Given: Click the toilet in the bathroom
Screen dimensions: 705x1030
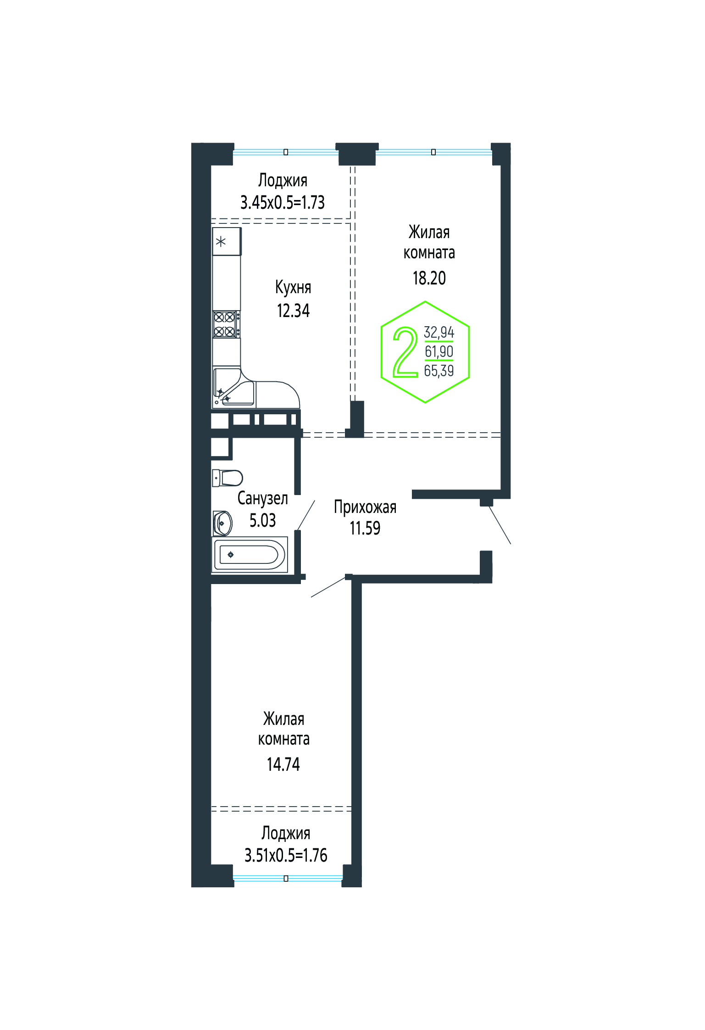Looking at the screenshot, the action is click(x=228, y=478).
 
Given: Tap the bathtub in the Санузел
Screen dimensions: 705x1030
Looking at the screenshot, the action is click(x=250, y=555).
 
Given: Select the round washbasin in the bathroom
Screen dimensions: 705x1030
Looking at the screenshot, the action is click(x=222, y=523).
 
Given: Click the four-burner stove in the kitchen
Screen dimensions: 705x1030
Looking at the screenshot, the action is click(x=226, y=324).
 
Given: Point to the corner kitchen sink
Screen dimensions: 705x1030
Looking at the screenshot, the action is click(x=234, y=388).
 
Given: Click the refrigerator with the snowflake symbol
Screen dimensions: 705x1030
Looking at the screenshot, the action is click(x=227, y=241).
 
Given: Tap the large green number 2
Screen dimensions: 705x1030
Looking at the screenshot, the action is click(x=405, y=352).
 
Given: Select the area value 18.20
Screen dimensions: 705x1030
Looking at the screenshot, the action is click(x=429, y=278).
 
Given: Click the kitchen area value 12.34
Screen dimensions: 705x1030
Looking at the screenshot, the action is click(x=293, y=311).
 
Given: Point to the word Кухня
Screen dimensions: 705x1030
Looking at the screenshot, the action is click(x=293, y=287).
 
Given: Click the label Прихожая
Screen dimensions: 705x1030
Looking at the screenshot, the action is click(x=365, y=507).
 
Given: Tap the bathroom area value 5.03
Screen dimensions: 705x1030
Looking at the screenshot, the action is click(x=262, y=520).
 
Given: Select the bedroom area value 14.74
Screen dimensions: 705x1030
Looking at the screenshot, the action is click(x=283, y=764).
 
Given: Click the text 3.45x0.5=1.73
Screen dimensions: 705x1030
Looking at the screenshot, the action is click(x=283, y=202).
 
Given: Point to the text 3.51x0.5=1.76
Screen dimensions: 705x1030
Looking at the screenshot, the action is click(x=286, y=855).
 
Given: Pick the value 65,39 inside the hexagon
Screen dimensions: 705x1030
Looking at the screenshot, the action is click(x=439, y=371).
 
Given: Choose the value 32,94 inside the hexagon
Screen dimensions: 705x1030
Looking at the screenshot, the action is click(x=439, y=332).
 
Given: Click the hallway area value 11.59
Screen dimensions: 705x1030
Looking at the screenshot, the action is click(x=365, y=528).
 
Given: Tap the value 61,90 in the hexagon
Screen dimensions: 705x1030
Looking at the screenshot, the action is click(x=439, y=351).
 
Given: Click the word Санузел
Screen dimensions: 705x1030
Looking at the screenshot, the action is click(x=263, y=498).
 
